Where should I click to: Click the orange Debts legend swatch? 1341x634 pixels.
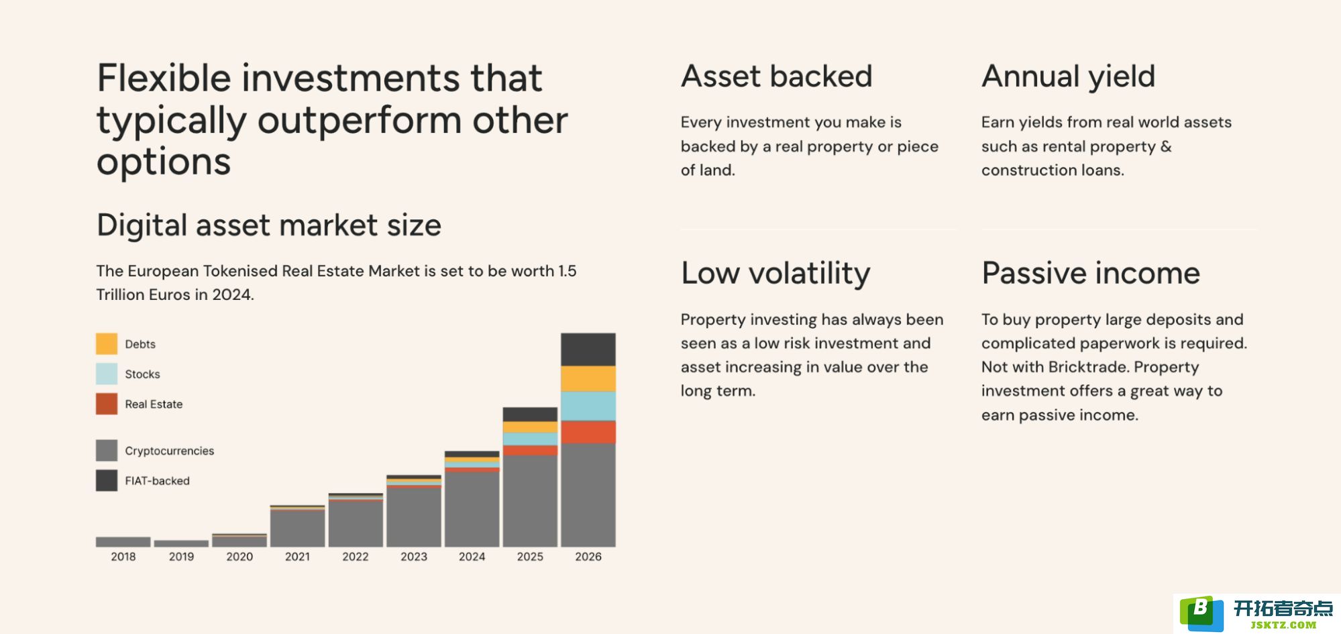tap(107, 344)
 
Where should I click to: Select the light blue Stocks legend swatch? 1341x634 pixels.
tap(107, 374)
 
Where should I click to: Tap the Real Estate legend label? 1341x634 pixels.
tap(154, 404)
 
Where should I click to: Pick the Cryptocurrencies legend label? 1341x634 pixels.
tap(170, 451)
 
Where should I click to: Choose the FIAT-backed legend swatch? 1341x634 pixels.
tap(107, 480)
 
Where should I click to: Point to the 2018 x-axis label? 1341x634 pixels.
tap(123, 557)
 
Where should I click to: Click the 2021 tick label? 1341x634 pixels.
tap(297, 557)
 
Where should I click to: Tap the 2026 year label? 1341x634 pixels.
tap(588, 557)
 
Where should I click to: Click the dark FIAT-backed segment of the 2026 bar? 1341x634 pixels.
tap(588, 350)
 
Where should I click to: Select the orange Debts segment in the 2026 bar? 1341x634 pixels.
tap(588, 379)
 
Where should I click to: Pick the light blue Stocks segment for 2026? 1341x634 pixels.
tap(588, 407)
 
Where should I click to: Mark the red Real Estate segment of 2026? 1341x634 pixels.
tap(588, 432)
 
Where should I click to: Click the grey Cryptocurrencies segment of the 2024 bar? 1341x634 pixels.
tap(472, 509)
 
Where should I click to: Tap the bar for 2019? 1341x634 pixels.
tap(181, 543)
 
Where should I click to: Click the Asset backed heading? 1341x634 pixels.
tap(777, 76)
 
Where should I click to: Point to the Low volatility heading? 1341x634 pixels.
tap(775, 274)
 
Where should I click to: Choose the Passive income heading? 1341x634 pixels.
tap(1091, 274)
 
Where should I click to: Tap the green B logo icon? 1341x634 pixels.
tap(1201, 613)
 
